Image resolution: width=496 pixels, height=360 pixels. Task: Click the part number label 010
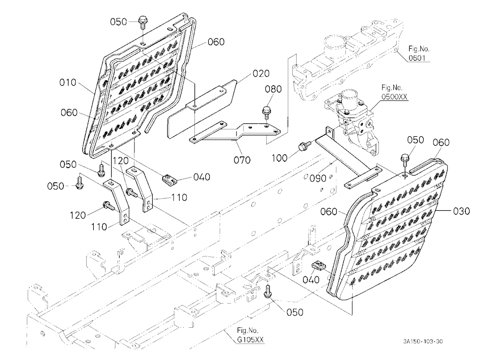pyautogui.click(x=67, y=83)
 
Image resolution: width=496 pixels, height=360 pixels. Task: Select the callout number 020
pyautogui.click(x=261, y=74)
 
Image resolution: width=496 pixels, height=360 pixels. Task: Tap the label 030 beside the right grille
pyautogui.click(x=461, y=211)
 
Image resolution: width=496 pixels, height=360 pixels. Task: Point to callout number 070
pyautogui.click(x=242, y=160)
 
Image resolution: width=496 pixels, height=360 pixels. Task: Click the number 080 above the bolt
pyautogui.click(x=273, y=89)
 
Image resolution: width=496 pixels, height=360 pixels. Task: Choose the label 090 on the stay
pyautogui.click(x=317, y=179)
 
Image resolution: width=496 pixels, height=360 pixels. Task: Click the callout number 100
pyautogui.click(x=280, y=158)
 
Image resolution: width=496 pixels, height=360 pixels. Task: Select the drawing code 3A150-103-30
pyautogui.click(x=423, y=341)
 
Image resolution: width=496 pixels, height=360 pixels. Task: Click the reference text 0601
pyautogui.click(x=417, y=58)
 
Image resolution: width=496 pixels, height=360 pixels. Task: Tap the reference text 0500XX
pyautogui.click(x=394, y=97)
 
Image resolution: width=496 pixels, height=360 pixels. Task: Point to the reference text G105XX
pyautogui.click(x=250, y=340)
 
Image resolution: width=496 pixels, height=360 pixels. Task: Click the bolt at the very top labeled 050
pyautogui.click(x=143, y=24)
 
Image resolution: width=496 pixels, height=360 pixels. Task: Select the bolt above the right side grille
pyautogui.click(x=405, y=160)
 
